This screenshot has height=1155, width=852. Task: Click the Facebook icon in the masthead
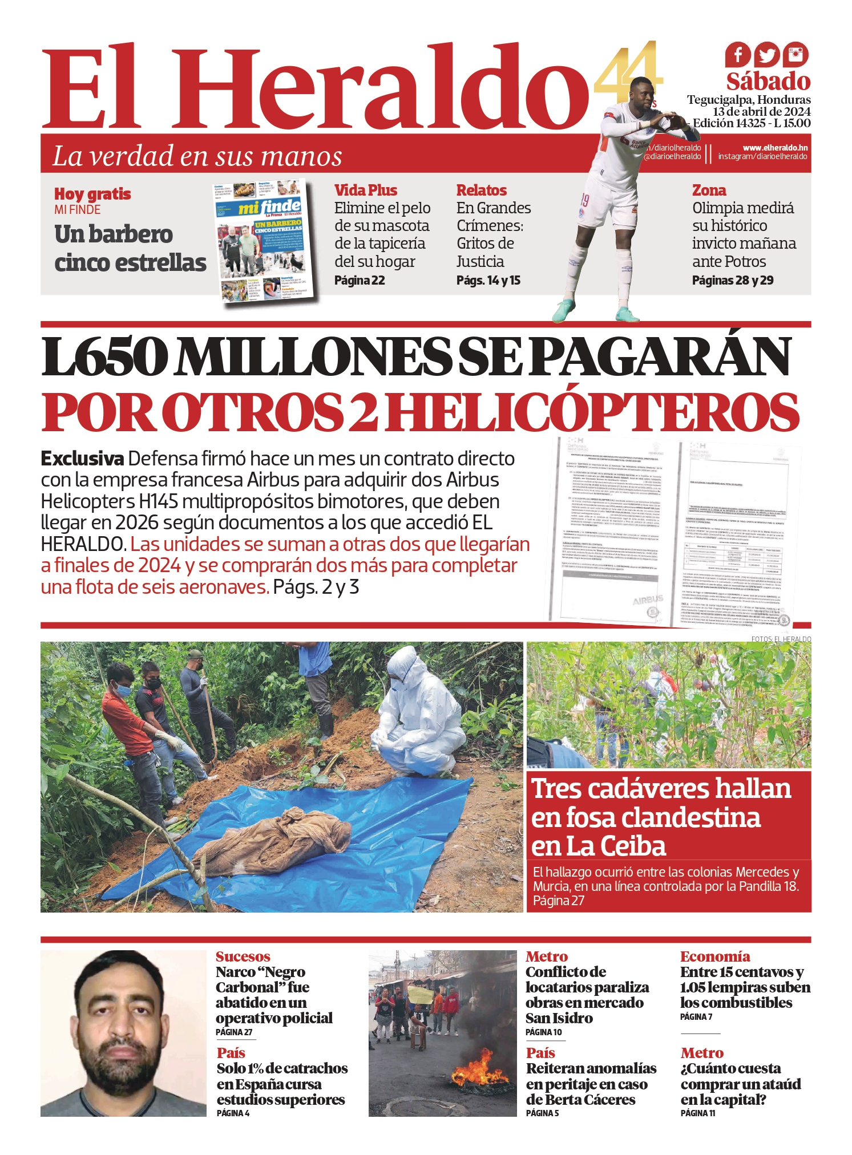coord(738,55)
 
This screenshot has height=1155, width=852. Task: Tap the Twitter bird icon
coord(767,55)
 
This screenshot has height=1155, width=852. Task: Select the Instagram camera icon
coord(796,55)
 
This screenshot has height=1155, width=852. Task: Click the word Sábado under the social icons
coord(768,82)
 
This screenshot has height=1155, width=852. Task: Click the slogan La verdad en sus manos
coord(197,156)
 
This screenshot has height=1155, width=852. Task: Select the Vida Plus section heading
coord(365,190)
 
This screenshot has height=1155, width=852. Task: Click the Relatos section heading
coord(481,190)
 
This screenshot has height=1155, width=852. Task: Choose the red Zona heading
coord(709,190)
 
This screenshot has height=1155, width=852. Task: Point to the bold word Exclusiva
coord(82,459)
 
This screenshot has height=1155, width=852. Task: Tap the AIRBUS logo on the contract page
coord(648,599)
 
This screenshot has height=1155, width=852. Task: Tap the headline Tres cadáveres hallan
coord(661,789)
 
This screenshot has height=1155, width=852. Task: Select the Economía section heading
coord(714,957)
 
